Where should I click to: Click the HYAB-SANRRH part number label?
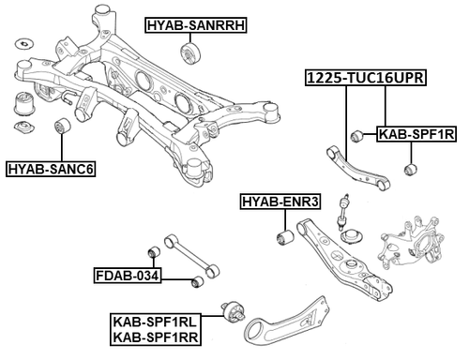tap(195, 25)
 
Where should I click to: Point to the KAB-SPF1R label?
tap(416, 135)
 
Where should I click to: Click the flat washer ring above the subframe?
tap(23, 42)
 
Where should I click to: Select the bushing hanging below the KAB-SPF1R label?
tap(408, 170)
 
